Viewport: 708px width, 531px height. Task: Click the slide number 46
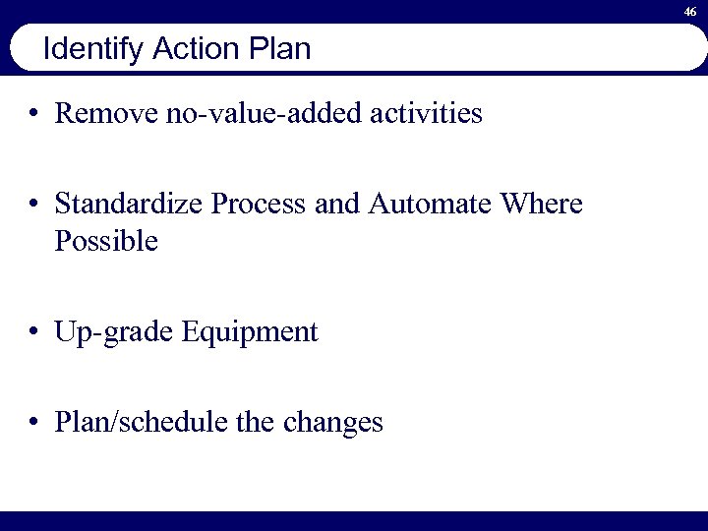point(691,10)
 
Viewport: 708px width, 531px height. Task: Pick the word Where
point(542,206)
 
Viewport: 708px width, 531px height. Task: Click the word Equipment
point(250,332)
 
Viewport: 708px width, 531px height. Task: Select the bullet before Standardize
point(34,206)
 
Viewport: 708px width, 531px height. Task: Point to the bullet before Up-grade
point(34,333)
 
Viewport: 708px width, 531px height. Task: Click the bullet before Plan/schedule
point(34,424)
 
